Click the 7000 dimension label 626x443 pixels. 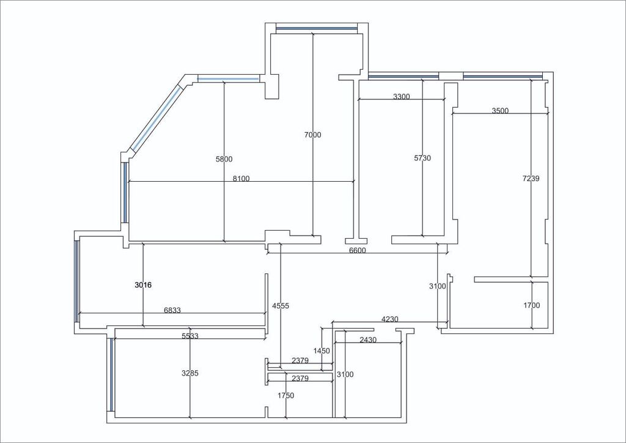coord(312,135)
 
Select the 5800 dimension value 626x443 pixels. coord(224,159)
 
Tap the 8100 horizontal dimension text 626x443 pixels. coord(241,179)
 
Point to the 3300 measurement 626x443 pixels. coord(402,97)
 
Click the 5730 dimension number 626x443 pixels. coord(422,158)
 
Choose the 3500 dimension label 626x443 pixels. coord(500,111)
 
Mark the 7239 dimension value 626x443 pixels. coord(531,179)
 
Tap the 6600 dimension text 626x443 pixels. coord(357,250)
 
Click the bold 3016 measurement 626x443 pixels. coord(143,285)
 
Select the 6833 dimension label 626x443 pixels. coord(172,310)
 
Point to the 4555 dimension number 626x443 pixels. coord(281,306)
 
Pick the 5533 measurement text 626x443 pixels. coord(190,336)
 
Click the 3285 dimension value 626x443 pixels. coord(190,373)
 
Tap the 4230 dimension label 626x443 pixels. coord(390,319)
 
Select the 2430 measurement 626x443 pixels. coord(368,340)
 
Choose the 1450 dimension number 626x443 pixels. coord(322,351)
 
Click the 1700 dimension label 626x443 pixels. coord(532,305)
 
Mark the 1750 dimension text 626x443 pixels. coord(286,395)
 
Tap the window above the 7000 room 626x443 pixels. coord(316,29)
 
